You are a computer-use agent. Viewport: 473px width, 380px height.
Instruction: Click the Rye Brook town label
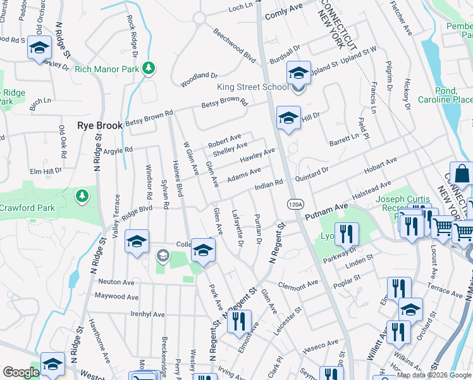(100, 126)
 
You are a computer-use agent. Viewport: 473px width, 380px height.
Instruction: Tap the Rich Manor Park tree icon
(149, 67)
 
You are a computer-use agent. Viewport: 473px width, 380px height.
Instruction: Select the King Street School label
(252, 87)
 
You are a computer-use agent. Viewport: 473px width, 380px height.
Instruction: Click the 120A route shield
(295, 204)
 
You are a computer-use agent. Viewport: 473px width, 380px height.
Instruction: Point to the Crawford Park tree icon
(82, 196)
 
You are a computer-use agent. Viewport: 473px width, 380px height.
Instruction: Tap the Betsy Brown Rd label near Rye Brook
(149, 118)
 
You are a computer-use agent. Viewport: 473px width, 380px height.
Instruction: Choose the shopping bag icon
(462, 174)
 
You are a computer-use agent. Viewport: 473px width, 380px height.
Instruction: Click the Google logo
(21, 372)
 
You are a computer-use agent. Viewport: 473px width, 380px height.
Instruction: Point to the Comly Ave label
(285, 12)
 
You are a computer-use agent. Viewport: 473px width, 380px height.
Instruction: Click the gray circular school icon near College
(163, 255)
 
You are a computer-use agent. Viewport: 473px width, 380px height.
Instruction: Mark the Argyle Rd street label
(118, 150)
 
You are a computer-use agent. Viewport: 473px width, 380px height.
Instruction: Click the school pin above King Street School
(298, 73)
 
